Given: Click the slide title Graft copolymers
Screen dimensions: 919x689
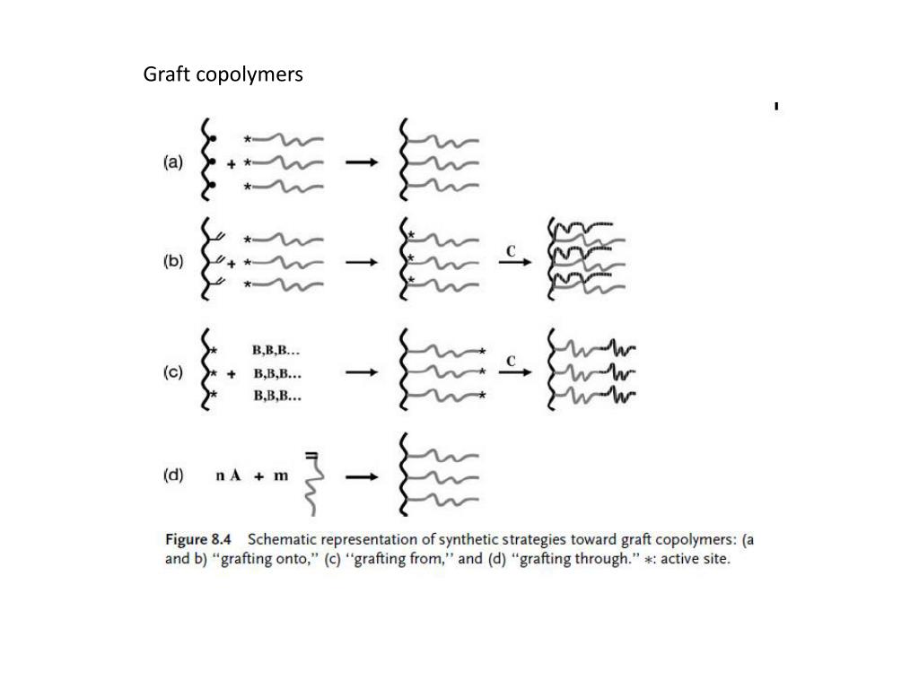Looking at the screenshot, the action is [x=223, y=74].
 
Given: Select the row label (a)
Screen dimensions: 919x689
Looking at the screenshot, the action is [x=173, y=162].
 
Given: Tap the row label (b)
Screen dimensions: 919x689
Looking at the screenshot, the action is [x=173, y=262].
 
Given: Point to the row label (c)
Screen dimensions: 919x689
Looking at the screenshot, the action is [x=173, y=373].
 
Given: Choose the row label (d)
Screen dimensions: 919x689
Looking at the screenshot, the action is [x=173, y=475].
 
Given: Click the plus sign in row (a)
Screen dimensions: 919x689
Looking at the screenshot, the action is [x=232, y=164].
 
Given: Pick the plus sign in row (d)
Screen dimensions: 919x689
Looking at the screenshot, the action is [x=258, y=477].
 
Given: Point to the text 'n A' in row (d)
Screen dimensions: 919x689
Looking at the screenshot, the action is [x=228, y=476].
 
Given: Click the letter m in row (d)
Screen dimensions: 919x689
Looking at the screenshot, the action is [x=281, y=476].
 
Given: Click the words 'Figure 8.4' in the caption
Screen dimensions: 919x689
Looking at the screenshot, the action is [x=198, y=540].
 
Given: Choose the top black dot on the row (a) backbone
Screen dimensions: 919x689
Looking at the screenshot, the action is [x=213, y=139].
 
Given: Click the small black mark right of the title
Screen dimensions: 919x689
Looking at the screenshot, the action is [x=775, y=108].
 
